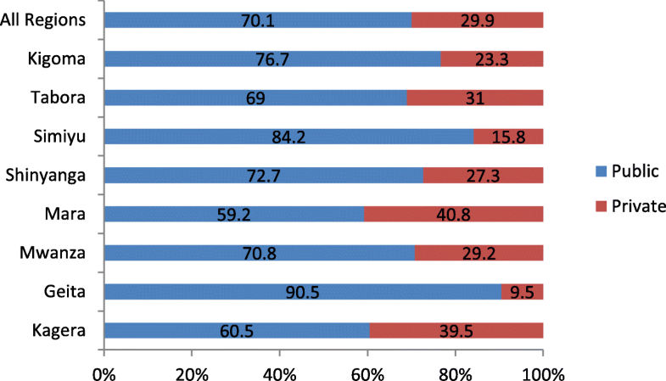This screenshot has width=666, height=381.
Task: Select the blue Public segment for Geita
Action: [x=302, y=291]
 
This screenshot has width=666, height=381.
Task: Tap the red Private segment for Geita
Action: [x=522, y=291]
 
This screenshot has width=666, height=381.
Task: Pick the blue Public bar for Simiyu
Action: [x=288, y=136]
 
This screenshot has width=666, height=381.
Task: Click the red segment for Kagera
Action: [x=456, y=330]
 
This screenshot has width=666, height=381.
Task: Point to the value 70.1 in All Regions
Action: [x=257, y=20]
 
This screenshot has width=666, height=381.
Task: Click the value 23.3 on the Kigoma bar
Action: [x=491, y=59]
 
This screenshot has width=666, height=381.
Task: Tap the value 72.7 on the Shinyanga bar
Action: [x=262, y=175]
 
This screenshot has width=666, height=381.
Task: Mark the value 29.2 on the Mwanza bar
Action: [x=478, y=253]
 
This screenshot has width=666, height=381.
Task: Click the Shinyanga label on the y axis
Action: [x=48, y=175]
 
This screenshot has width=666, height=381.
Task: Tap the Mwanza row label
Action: [x=57, y=253]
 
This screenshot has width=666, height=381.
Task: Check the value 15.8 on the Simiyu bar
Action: [x=507, y=136]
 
